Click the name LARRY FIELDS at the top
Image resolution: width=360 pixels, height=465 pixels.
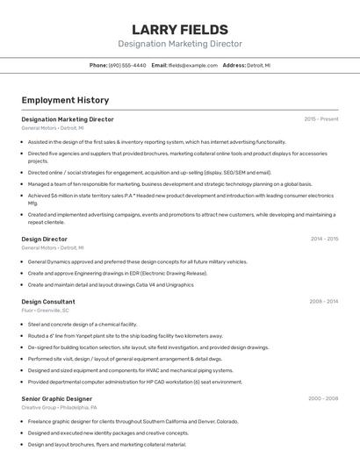coord(179,30)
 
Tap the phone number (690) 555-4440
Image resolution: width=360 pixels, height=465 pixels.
coord(127,65)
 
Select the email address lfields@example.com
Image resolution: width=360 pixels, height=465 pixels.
coord(192,65)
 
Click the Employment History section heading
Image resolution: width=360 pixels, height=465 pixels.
coord(65,101)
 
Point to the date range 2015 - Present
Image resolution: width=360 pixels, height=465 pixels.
coord(320,118)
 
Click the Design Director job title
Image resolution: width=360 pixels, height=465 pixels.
coord(44,239)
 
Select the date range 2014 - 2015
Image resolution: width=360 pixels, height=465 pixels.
coord(324,239)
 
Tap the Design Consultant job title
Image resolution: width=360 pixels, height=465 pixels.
coord(48,301)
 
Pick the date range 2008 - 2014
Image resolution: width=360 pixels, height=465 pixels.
coord(323,301)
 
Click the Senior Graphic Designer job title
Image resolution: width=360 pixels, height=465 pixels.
coord(56,398)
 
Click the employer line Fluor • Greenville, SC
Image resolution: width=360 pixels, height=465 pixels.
coord(45,310)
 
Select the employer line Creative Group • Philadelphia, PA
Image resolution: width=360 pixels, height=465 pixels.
coord(59,407)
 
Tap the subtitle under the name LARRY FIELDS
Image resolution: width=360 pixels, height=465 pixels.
coord(179,44)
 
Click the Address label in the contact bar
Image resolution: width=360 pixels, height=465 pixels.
coord(234,65)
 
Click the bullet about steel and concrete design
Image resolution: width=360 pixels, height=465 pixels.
coord(83,324)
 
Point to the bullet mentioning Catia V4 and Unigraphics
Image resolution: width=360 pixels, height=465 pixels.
coord(111,284)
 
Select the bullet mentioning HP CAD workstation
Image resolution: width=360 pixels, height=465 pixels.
coord(134,382)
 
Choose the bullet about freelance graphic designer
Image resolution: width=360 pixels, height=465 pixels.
coord(133,421)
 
